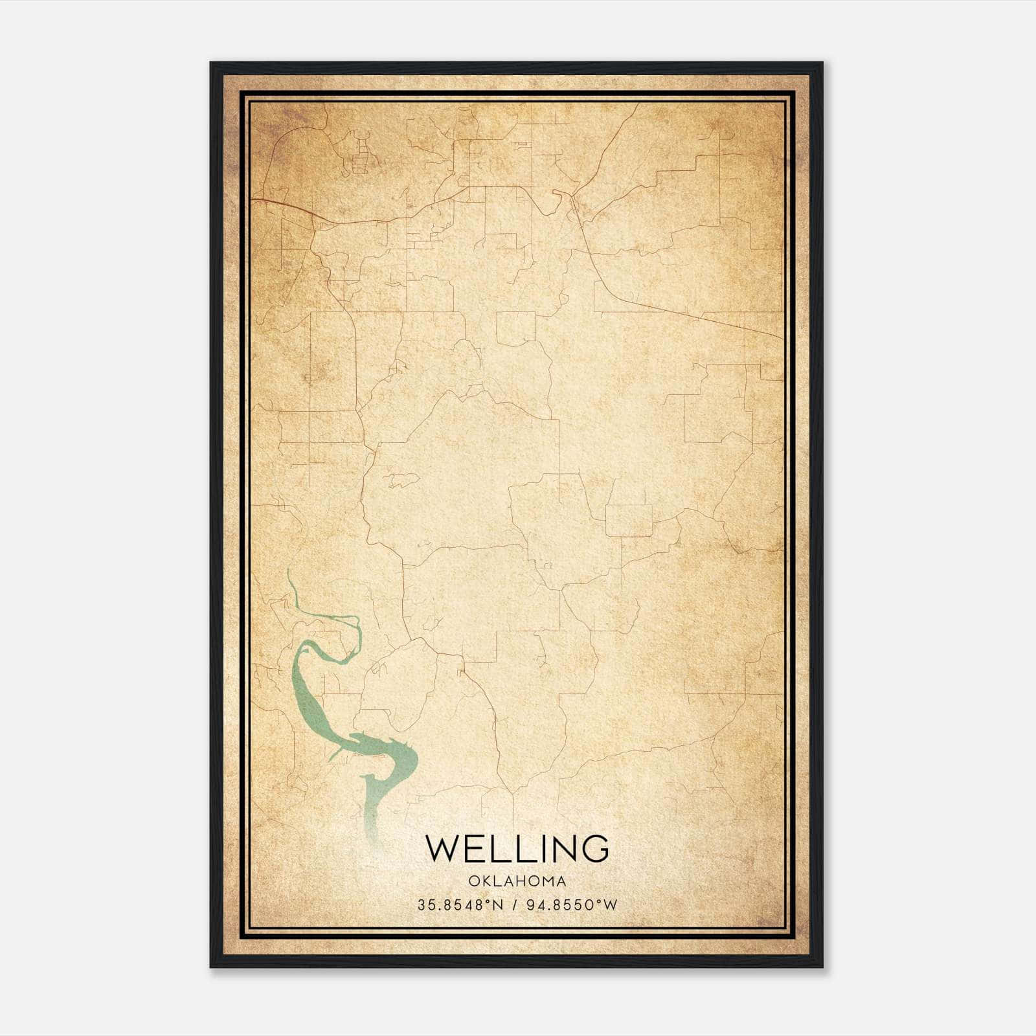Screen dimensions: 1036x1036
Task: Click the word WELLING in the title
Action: click(517, 848)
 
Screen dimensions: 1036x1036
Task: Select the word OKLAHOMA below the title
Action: click(517, 881)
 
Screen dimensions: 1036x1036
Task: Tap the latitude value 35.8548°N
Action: click(460, 905)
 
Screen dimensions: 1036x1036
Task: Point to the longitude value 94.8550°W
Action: click(574, 905)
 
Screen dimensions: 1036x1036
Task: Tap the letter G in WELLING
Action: click(594, 848)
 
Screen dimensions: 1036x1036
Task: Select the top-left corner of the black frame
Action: click(212, 63)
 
